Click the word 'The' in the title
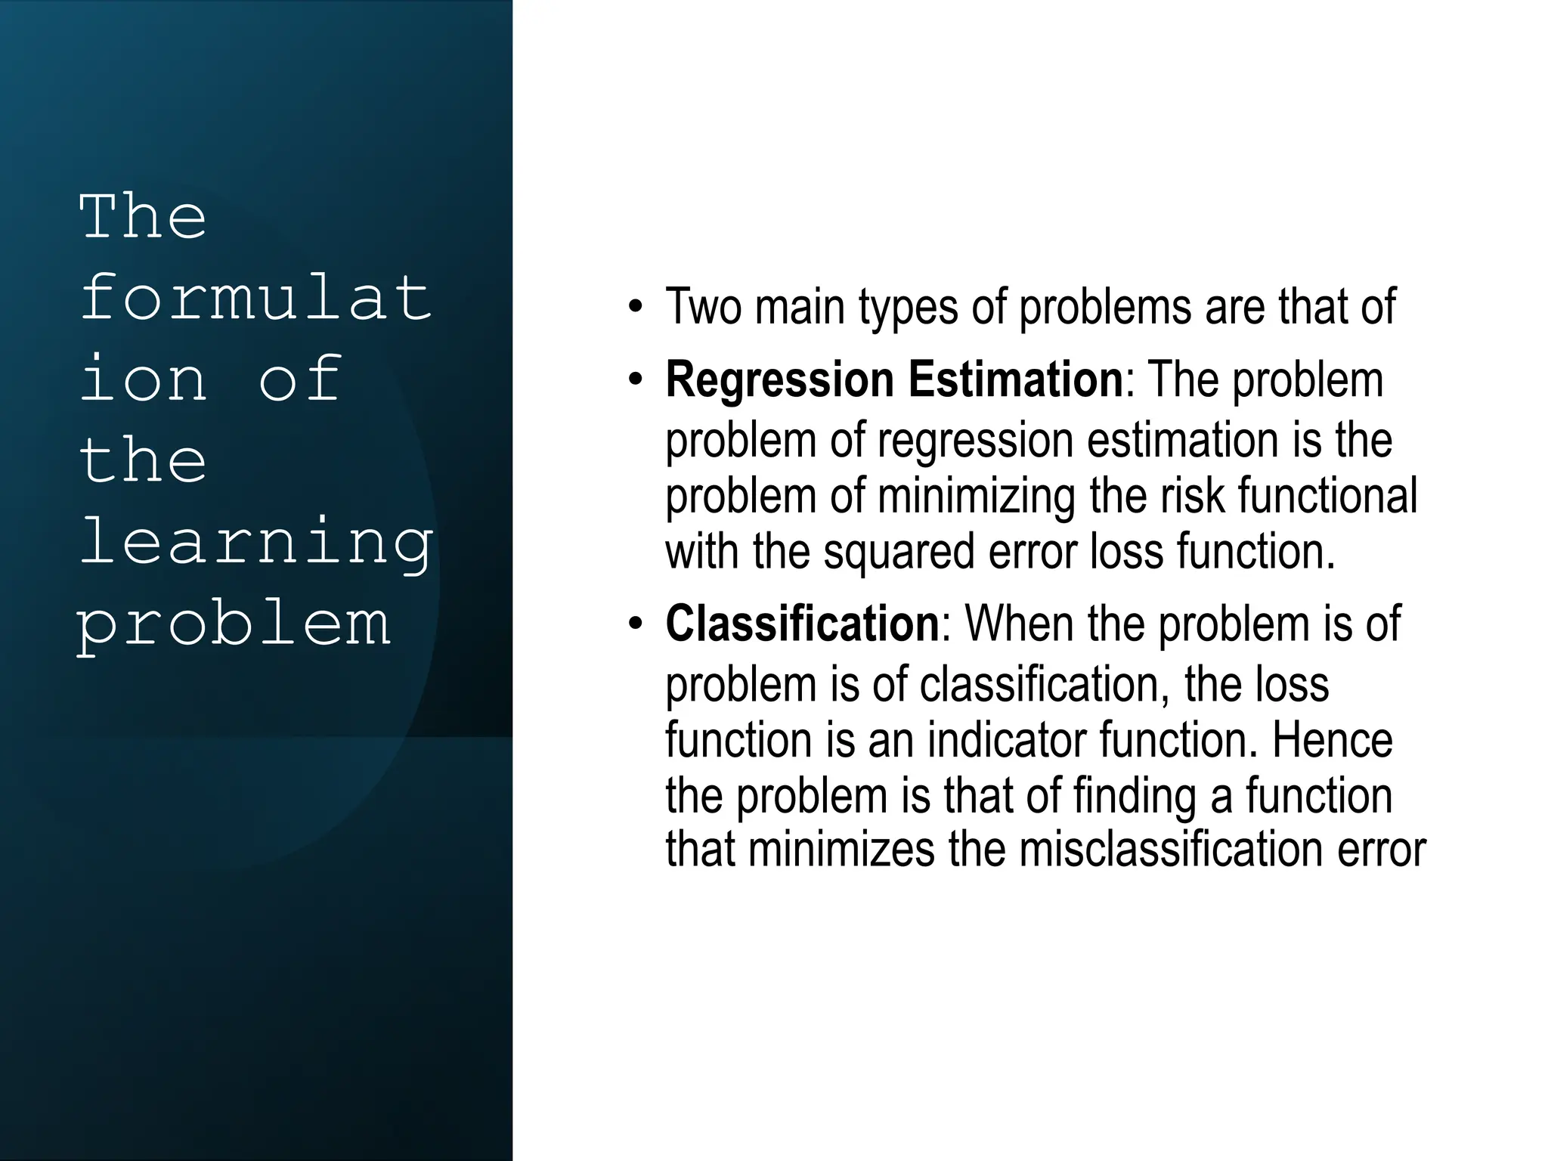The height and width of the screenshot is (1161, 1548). point(143,217)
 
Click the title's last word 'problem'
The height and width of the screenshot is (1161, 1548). point(234,624)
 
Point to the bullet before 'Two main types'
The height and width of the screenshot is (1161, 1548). point(636,308)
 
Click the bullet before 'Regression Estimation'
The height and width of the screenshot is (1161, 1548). point(636,379)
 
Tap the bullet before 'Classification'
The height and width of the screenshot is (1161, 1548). point(636,624)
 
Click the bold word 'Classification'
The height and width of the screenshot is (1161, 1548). point(802,624)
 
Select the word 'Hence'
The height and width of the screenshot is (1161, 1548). point(1332,740)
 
